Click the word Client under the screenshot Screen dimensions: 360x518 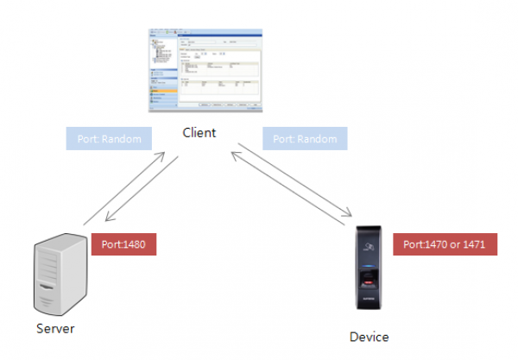point(199,133)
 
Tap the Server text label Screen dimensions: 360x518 point(55,328)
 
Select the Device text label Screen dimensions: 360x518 point(369,337)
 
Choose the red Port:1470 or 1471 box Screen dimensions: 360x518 point(444,244)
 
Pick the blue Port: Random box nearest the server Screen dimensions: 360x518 point(109,138)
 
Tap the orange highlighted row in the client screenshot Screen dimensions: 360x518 point(162,89)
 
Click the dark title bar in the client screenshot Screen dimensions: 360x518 point(204,33)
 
